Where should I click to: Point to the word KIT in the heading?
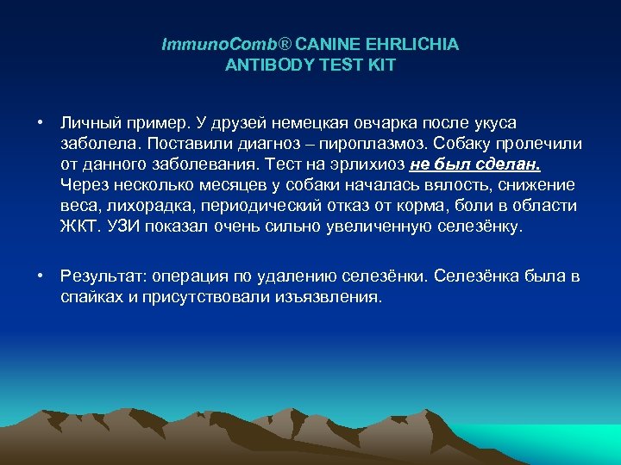(381, 65)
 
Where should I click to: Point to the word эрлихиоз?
(340, 164)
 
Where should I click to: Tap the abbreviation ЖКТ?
(79, 227)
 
